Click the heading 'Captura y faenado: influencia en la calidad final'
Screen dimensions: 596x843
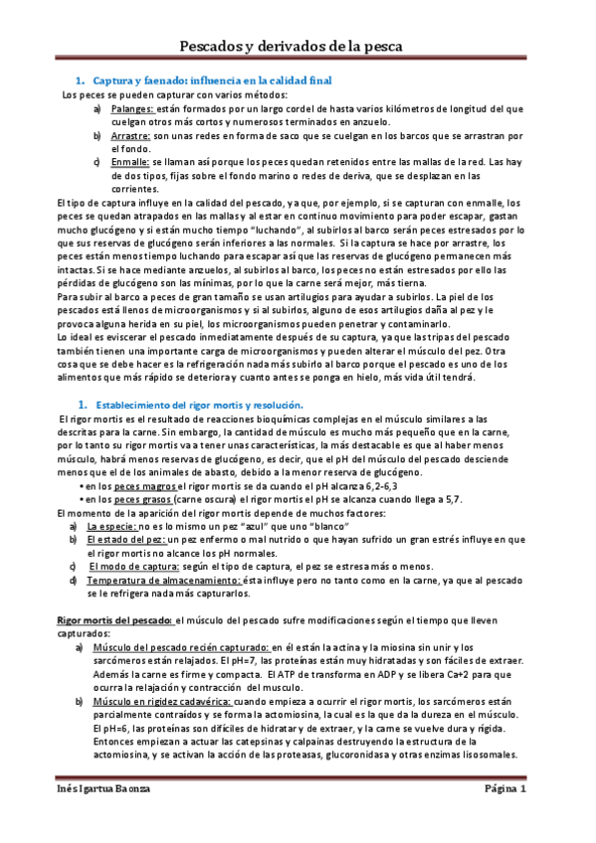pos(211,80)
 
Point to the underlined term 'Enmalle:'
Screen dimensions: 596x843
pos(129,161)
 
